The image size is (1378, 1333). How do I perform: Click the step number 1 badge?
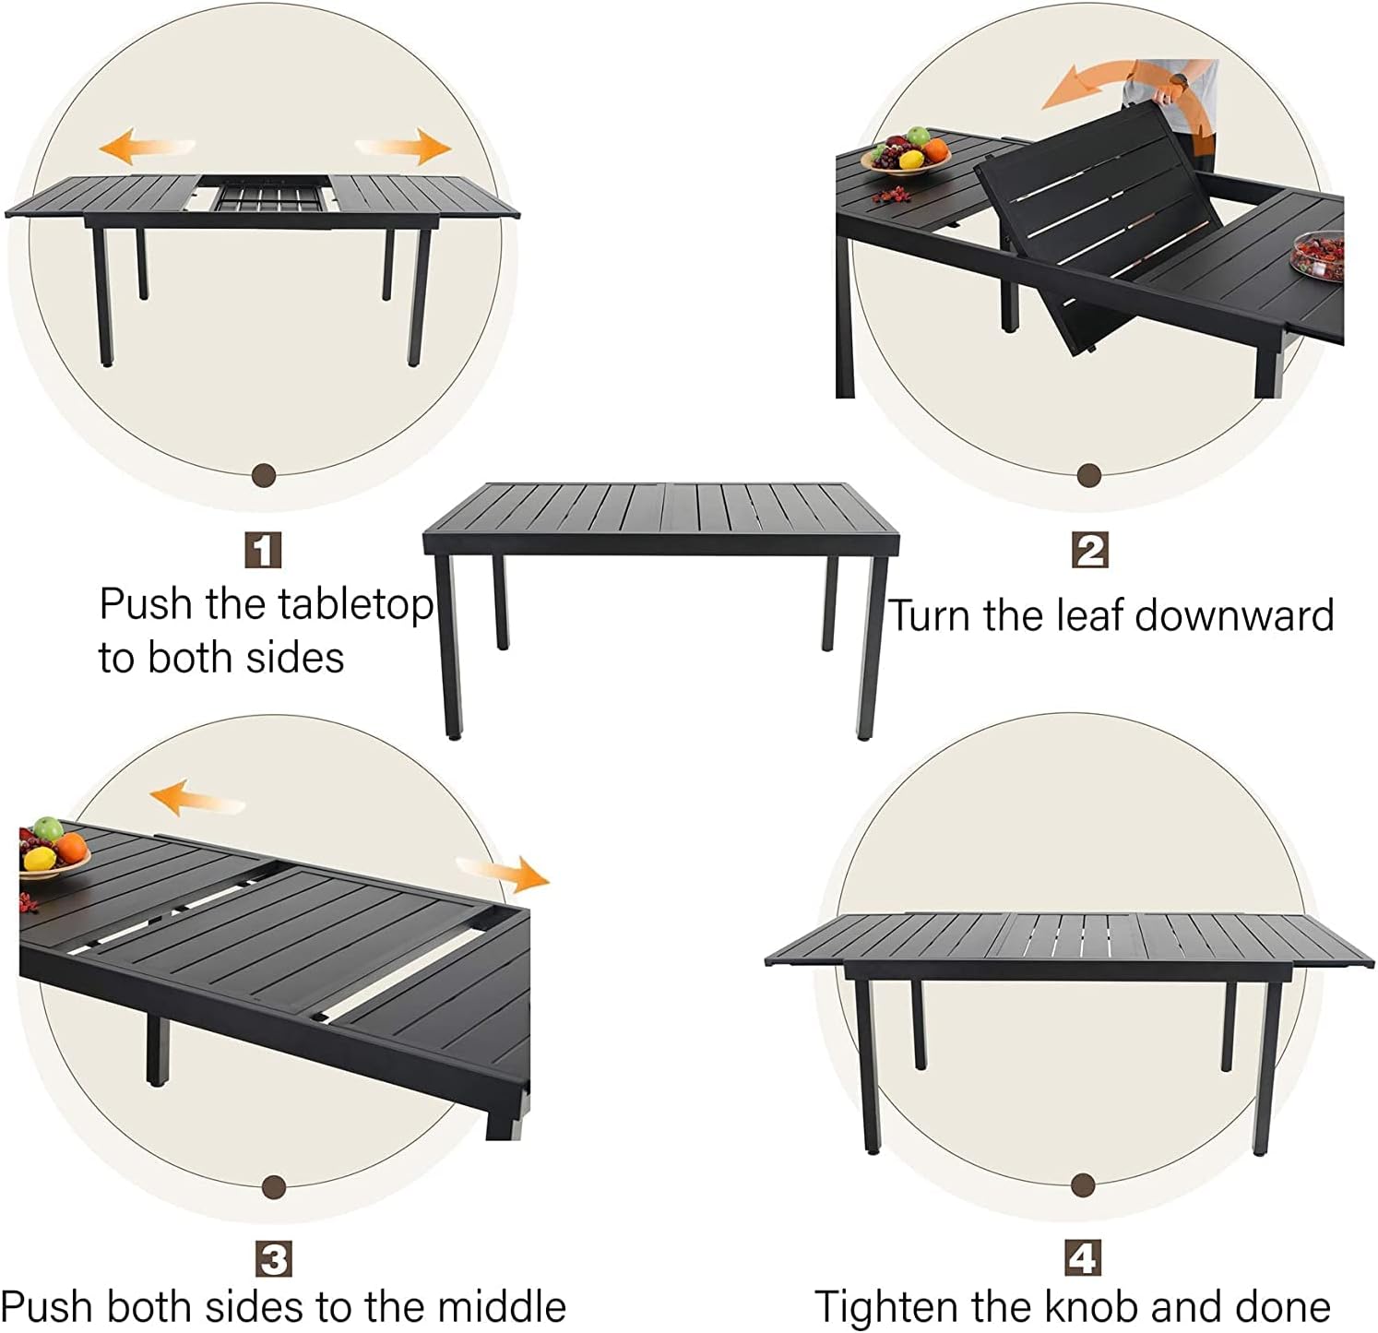[x=263, y=551]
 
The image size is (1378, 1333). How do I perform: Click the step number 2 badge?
[x=1090, y=551]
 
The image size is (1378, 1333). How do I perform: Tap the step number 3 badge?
[x=274, y=1260]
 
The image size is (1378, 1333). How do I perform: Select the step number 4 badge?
[x=1083, y=1258]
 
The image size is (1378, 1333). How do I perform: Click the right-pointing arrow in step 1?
[x=404, y=146]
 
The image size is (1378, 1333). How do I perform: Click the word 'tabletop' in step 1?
[x=355, y=606]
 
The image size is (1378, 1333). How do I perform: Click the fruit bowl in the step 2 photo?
[x=906, y=152]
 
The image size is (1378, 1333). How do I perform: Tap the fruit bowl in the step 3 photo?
[x=53, y=850]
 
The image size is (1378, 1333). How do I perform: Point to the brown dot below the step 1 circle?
[x=264, y=475]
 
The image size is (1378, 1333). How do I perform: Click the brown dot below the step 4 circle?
[x=1084, y=1184]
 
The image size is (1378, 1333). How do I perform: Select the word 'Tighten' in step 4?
[x=885, y=1307]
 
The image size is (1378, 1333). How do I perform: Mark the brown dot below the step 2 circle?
[x=1089, y=476]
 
